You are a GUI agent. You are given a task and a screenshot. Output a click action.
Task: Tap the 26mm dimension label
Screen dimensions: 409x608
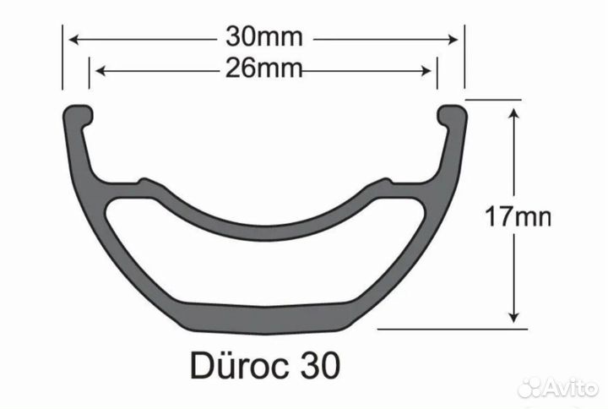264,69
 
